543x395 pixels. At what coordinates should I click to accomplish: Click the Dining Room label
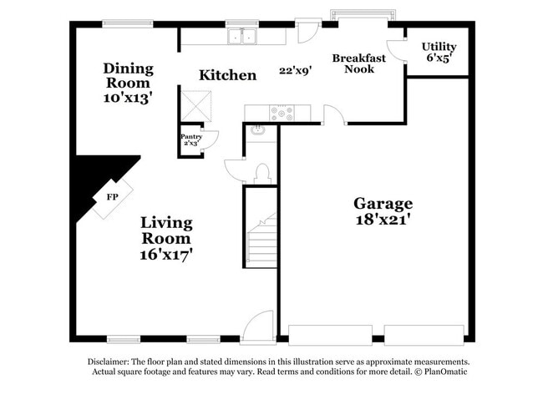click(x=127, y=82)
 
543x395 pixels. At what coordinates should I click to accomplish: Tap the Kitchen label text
click(x=227, y=75)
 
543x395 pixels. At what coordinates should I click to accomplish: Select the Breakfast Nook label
click(x=358, y=63)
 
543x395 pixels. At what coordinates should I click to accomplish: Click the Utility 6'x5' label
click(x=439, y=52)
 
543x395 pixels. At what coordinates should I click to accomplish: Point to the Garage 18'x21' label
click(x=383, y=210)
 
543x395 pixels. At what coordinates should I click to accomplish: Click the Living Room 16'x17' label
click(x=166, y=238)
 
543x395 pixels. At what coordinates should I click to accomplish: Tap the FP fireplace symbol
click(x=112, y=199)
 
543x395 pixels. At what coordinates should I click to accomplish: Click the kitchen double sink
click(x=243, y=37)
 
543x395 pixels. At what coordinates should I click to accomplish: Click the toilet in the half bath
click(x=261, y=173)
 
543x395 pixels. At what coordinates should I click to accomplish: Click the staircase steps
click(x=263, y=242)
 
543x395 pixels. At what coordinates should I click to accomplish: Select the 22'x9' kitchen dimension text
click(x=295, y=71)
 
